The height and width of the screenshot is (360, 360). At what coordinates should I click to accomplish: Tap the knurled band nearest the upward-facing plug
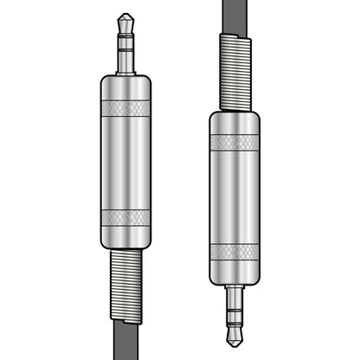[125, 108]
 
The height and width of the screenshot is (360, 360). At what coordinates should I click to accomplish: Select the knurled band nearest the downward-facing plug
[234, 253]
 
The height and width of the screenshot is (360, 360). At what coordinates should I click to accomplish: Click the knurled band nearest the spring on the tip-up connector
[125, 216]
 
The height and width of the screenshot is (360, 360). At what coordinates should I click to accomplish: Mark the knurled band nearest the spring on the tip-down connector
[234, 143]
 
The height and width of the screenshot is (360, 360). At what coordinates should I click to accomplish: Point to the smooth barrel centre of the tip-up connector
[125, 162]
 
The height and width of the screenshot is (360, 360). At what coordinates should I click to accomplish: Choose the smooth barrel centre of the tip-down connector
[234, 197]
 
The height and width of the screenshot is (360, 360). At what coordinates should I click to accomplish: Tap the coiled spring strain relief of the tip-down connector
[234, 73]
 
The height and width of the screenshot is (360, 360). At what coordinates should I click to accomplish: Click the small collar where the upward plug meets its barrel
[125, 71]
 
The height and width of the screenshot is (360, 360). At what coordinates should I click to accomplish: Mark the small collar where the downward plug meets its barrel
[234, 286]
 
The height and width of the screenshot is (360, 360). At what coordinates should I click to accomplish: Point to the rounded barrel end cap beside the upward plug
[125, 84]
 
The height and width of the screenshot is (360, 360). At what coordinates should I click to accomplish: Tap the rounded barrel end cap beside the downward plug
[234, 275]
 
